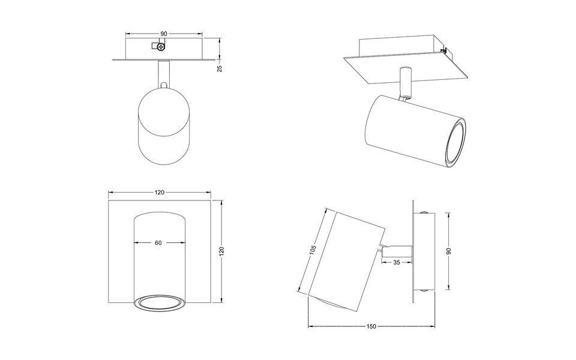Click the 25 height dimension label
(x=220, y=68)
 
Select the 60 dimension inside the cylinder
(x=158, y=243)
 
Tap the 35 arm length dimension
(x=397, y=263)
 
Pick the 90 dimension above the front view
(x=163, y=34)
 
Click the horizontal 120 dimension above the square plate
(x=159, y=193)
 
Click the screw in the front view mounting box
(x=161, y=46)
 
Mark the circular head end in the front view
(x=163, y=108)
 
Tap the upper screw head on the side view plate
(x=424, y=212)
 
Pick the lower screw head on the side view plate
(x=424, y=290)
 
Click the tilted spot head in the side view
(x=348, y=252)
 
